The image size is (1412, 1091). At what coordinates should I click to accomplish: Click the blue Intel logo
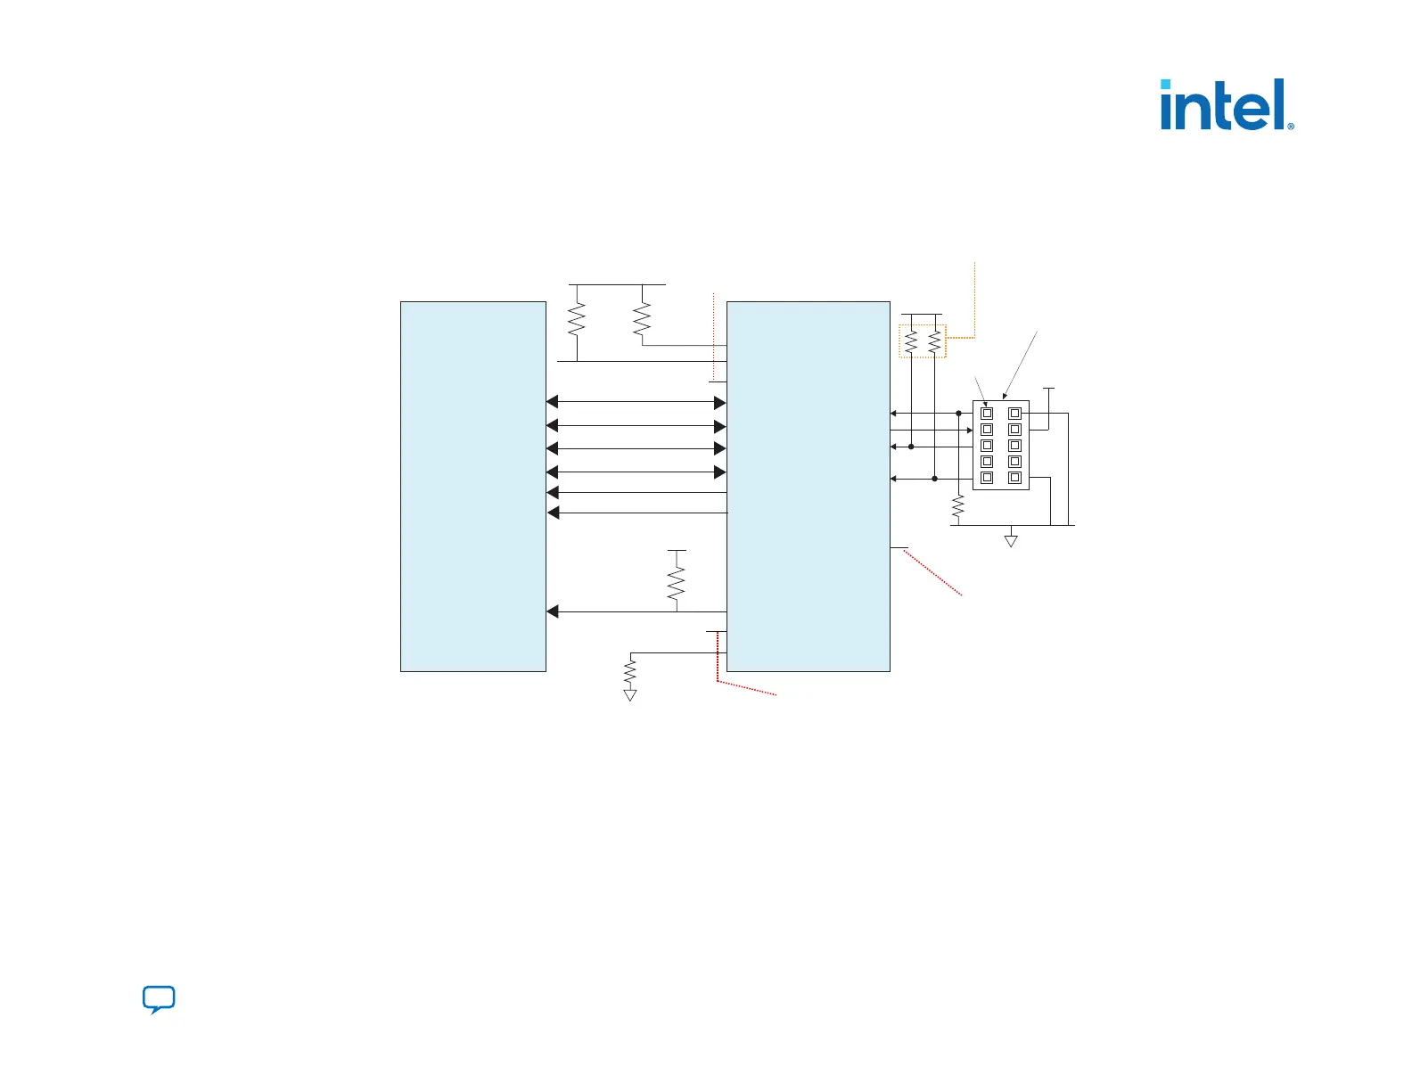[1223, 105]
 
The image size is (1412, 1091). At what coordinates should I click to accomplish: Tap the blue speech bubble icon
[159, 999]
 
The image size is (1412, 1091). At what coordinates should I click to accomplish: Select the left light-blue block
[472, 486]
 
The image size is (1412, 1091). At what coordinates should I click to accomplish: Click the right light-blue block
[808, 486]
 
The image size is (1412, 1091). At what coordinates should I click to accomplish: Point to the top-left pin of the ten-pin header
[987, 414]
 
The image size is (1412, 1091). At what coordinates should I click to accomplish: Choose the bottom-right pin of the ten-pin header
[1014, 478]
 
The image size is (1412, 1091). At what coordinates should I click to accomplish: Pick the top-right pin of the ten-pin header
[1014, 414]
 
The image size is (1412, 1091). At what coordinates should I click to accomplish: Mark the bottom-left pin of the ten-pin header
[987, 478]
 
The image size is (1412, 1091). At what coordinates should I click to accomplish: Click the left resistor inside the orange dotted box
[911, 341]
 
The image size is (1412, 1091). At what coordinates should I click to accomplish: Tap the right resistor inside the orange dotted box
[934, 341]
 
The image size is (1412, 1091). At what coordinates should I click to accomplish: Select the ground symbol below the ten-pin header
[1011, 540]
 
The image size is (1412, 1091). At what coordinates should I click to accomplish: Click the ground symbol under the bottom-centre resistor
[630, 695]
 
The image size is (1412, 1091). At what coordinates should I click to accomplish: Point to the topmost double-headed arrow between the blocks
[636, 402]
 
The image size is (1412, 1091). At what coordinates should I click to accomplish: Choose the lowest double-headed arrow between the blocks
[636, 472]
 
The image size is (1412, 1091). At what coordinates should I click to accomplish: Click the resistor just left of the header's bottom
[958, 508]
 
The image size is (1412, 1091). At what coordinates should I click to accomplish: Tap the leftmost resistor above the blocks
[577, 318]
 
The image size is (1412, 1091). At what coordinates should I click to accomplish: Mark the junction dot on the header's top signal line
[958, 414]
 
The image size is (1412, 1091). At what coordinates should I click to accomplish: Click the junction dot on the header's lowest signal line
[934, 479]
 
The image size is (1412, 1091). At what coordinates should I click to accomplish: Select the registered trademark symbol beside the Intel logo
[1291, 126]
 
